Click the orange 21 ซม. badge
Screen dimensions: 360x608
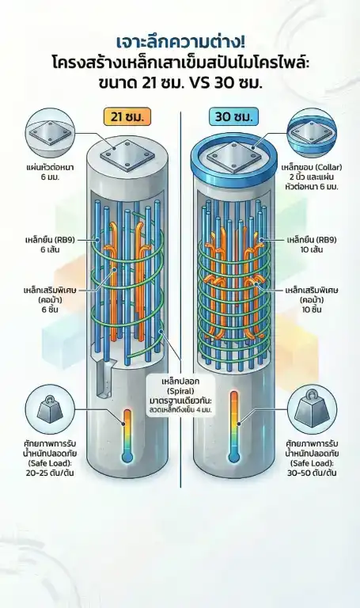(x=127, y=116)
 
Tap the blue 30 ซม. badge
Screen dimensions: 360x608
(x=233, y=116)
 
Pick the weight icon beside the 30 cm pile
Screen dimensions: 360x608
(x=312, y=409)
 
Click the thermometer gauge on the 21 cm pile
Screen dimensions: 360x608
(x=127, y=435)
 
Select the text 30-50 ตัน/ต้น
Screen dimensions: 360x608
(x=312, y=473)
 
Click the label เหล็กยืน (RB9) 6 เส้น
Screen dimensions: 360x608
(x=51, y=245)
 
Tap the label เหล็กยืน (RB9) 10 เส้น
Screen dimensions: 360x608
(x=312, y=245)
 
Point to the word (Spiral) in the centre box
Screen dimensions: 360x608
(x=180, y=391)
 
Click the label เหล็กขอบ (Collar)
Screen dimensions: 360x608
(x=312, y=168)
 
